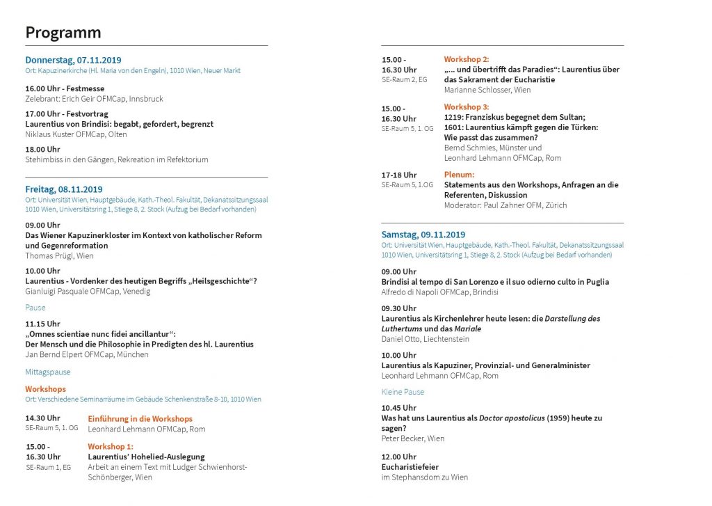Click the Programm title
click(x=63, y=33)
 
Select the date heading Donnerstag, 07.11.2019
click(x=73, y=61)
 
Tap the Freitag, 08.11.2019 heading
click(x=64, y=189)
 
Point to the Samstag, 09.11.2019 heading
click(x=423, y=235)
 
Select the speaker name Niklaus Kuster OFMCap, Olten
click(x=76, y=134)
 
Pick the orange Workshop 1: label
click(x=110, y=446)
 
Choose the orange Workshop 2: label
click(x=467, y=59)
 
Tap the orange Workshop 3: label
click(x=467, y=107)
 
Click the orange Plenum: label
click(x=459, y=175)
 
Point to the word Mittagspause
click(x=48, y=372)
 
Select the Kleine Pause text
click(x=403, y=392)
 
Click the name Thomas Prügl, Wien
click(x=59, y=255)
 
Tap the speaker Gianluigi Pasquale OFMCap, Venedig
click(x=88, y=291)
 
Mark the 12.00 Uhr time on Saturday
click(x=399, y=457)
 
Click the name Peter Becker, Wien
click(x=413, y=438)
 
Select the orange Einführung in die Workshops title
click(x=140, y=419)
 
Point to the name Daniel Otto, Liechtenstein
click(x=426, y=339)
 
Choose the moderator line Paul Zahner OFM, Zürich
click(x=505, y=205)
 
